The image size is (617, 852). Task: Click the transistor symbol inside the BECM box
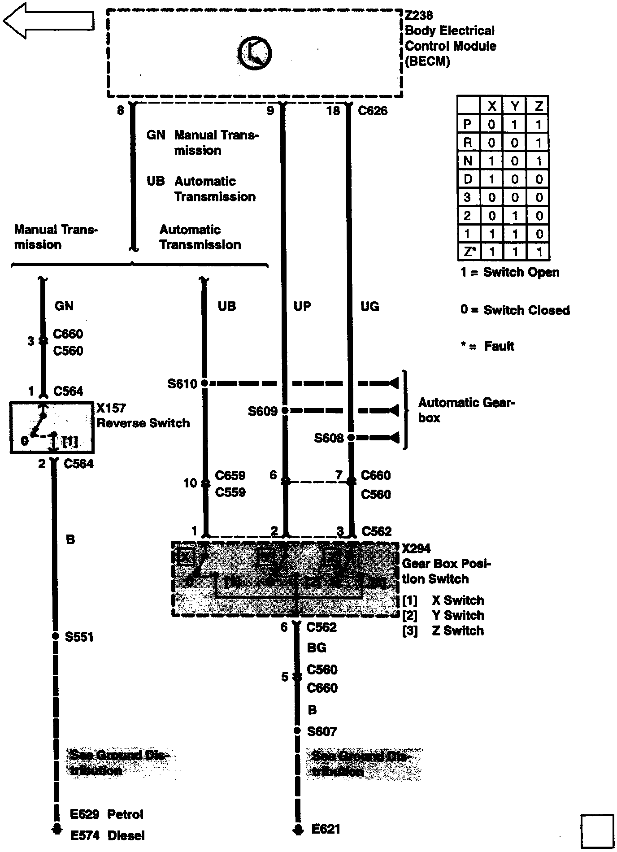[254, 54]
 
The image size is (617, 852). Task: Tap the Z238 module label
[418, 16]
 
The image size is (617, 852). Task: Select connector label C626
[373, 111]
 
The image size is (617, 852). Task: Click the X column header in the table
[492, 106]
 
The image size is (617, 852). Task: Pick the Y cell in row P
[515, 124]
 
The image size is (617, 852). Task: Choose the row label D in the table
[468, 179]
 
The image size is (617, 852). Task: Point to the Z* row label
[468, 252]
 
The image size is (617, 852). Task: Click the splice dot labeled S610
[204, 383]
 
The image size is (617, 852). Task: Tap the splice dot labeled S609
[285, 410]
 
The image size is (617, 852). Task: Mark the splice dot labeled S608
[351, 437]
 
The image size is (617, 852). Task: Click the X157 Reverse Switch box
[52, 427]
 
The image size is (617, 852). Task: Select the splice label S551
[79, 637]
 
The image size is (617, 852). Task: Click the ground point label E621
[326, 829]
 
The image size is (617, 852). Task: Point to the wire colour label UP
[302, 306]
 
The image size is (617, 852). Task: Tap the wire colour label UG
[370, 306]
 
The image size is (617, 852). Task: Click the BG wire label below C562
[317, 648]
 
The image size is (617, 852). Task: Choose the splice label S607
[322, 731]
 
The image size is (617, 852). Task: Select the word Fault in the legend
[499, 346]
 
